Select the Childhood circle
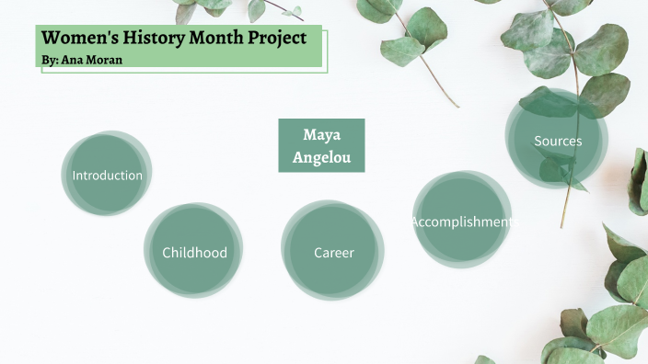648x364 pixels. tap(194, 252)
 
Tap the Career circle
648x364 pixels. tap(333, 252)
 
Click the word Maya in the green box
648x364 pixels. tap(321, 135)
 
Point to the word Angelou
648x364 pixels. tap(321, 157)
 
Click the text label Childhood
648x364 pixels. tap(194, 253)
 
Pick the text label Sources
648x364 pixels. tap(558, 142)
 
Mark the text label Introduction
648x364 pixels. tap(108, 176)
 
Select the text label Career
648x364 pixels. tap(333, 253)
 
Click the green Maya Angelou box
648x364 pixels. tap(321, 145)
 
